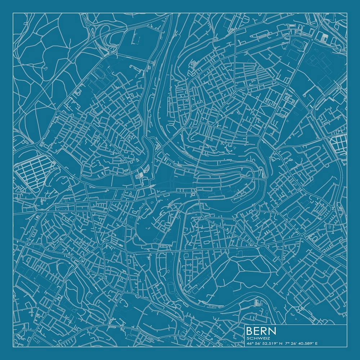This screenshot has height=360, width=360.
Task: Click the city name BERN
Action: (x=261, y=331)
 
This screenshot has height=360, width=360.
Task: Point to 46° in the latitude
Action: (x=250, y=343)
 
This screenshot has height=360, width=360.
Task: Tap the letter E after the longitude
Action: (x=316, y=343)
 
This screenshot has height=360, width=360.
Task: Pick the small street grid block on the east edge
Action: (x=338, y=142)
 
